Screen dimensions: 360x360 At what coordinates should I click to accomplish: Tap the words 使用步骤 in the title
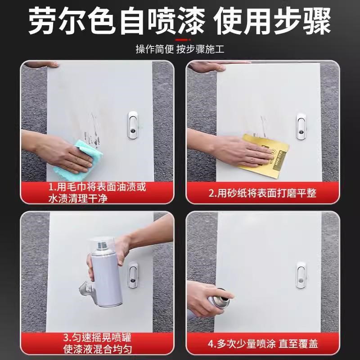point(273,22)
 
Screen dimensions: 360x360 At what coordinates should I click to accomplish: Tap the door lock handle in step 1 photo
point(133,124)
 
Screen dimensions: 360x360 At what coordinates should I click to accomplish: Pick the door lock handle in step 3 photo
point(133,274)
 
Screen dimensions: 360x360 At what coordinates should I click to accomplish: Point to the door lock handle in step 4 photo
point(300,274)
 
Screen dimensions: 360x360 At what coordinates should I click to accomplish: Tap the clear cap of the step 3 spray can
point(99,245)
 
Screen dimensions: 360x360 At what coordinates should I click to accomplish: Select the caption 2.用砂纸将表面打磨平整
point(262,193)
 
